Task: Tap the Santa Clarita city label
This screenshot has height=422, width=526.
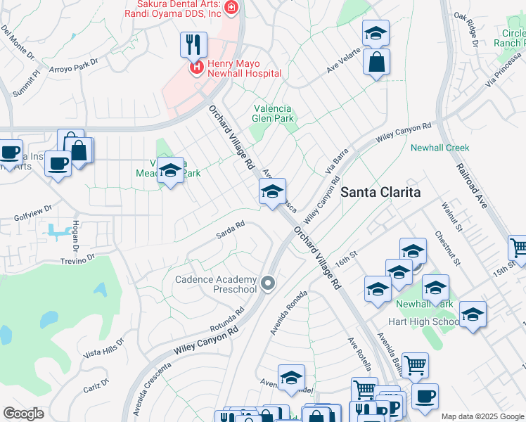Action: point(380,192)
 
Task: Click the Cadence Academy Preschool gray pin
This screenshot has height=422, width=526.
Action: point(267,283)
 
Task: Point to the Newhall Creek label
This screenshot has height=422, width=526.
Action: point(440,148)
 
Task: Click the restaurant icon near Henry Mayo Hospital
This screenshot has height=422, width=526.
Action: point(189,45)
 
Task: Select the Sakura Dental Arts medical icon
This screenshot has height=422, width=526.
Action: point(232,8)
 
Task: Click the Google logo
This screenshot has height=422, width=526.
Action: point(23,414)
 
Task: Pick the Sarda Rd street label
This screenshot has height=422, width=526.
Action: point(230,229)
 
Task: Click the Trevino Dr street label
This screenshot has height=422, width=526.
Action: point(77,260)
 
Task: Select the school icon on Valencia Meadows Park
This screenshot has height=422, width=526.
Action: point(170,171)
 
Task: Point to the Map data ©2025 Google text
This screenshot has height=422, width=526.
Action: point(482,416)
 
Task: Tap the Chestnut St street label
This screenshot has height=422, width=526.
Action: point(447,249)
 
